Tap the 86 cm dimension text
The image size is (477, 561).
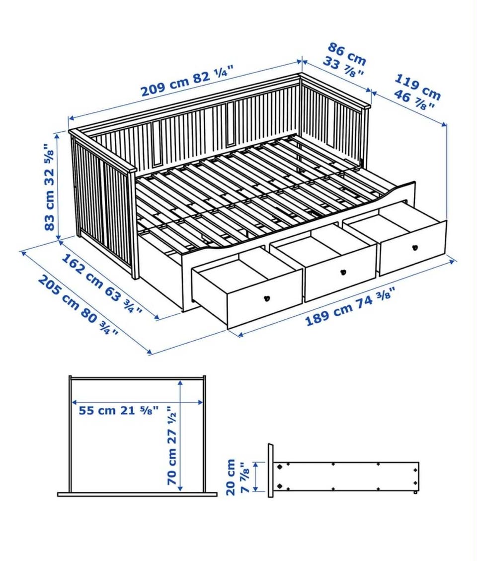pyautogui.click(x=347, y=54)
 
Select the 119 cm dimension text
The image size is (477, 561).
pyautogui.click(x=417, y=88)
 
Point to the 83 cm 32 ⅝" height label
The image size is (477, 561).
pyautogui.click(x=50, y=187)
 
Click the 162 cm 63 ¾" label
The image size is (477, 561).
pyautogui.click(x=102, y=283)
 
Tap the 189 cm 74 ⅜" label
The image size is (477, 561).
pyautogui.click(x=350, y=306)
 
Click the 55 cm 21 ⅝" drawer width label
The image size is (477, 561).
pyautogui.click(x=118, y=410)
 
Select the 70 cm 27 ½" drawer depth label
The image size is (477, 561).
pyautogui.click(x=171, y=445)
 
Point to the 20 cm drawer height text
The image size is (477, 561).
pyautogui.click(x=231, y=477)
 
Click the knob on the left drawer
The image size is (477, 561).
pyautogui.click(x=266, y=298)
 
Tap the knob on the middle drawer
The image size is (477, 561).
pyautogui.click(x=343, y=272)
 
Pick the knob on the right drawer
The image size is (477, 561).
pyautogui.click(x=415, y=247)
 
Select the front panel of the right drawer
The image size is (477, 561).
pyautogui.click(x=412, y=248)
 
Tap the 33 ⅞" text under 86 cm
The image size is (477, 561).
pyautogui.click(x=343, y=68)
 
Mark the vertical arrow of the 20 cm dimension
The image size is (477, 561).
pyautogui.click(x=256, y=476)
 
